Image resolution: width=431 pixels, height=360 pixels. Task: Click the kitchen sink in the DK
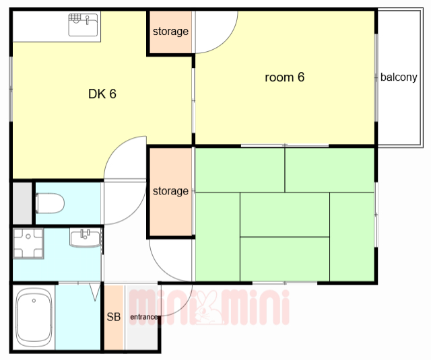click(83, 25)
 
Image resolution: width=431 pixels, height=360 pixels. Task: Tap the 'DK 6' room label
click(102, 94)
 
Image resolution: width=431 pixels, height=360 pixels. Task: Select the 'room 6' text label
click(284, 77)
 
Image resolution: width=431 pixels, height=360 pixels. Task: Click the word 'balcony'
click(399, 77)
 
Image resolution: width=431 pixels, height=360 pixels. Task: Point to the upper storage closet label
click(170, 32)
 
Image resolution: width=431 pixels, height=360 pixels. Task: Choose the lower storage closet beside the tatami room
click(170, 192)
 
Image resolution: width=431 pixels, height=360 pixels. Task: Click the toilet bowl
click(50, 203)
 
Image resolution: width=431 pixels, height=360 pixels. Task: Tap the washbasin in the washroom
click(86, 238)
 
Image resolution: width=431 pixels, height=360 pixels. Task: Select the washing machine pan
click(28, 244)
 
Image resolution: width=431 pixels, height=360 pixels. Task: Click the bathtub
click(34, 318)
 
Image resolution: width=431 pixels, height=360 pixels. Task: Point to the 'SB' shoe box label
click(114, 317)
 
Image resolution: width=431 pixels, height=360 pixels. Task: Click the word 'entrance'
click(143, 317)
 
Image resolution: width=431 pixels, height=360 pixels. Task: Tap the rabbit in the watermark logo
click(209, 308)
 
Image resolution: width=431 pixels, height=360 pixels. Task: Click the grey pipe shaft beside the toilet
click(22, 203)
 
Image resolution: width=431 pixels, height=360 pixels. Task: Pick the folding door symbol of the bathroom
click(95, 292)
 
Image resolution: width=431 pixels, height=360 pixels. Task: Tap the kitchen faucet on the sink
click(88, 20)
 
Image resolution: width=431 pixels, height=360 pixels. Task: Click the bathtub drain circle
click(34, 301)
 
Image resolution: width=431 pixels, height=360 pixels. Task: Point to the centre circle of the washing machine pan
click(28, 236)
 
